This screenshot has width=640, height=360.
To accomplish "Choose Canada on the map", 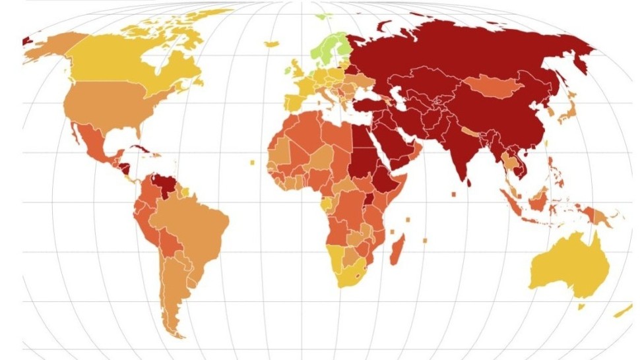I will [119, 59].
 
